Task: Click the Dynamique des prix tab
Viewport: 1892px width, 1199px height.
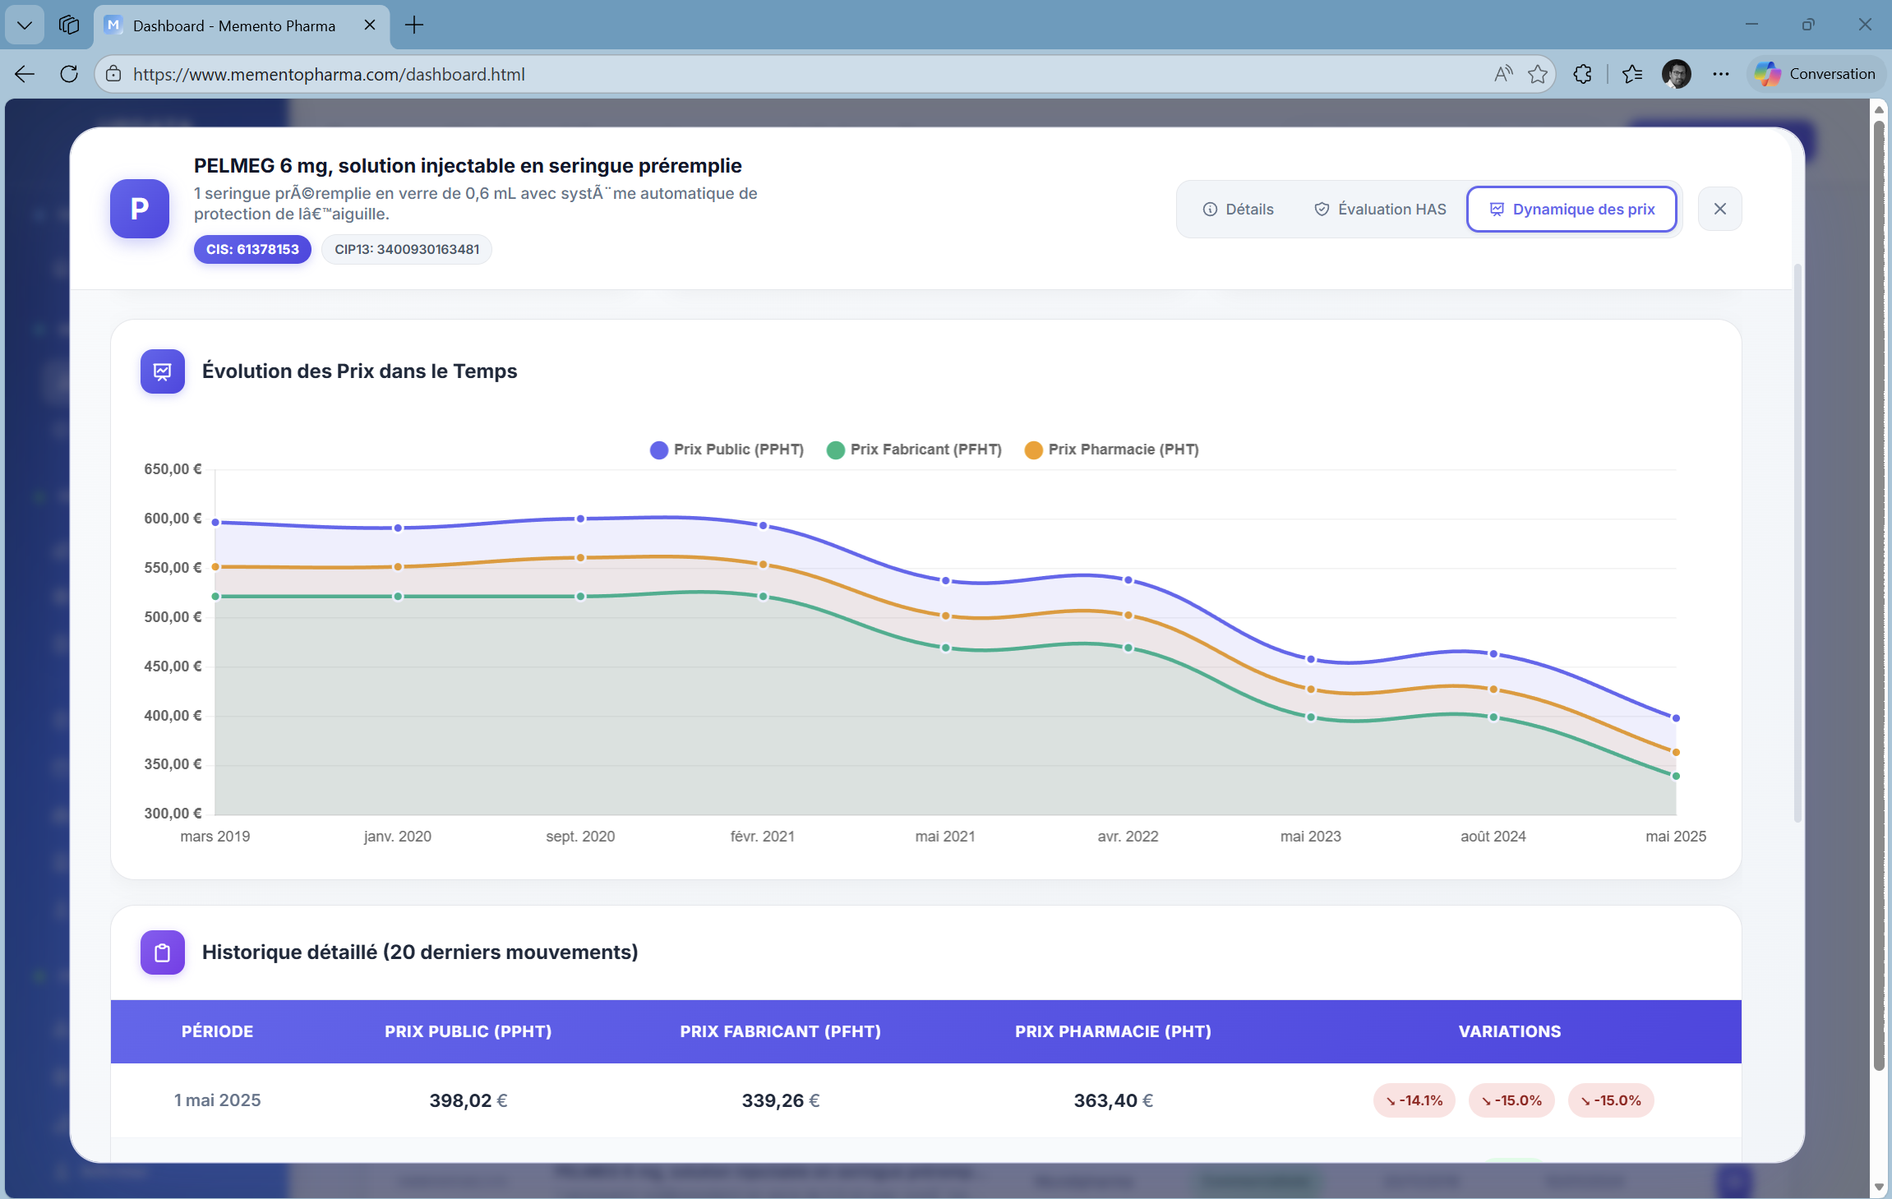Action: (x=1571, y=210)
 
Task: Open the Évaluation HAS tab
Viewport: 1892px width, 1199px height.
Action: (x=1380, y=210)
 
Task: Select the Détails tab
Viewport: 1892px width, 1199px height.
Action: (x=1238, y=210)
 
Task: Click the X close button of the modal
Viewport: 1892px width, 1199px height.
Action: (x=1719, y=210)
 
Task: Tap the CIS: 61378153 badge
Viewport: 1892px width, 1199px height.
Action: (x=252, y=250)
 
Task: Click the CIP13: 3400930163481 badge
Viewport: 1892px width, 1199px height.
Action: (x=407, y=250)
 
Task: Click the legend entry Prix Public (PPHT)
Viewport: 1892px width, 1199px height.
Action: (x=727, y=450)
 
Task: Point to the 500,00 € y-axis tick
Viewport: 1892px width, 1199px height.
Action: (x=173, y=617)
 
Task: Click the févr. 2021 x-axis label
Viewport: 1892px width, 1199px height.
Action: (x=762, y=837)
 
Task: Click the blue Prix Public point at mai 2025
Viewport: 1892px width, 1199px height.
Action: (x=1676, y=718)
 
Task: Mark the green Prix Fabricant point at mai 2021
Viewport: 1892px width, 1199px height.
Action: (x=945, y=648)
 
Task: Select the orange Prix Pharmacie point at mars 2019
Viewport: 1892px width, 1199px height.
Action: (x=215, y=567)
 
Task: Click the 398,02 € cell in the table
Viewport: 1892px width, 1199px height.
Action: (x=468, y=1101)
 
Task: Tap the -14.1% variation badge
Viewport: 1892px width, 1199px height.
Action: (x=1414, y=1101)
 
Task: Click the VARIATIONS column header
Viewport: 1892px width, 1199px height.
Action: (x=1509, y=1032)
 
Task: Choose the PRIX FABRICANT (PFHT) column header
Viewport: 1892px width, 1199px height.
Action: (x=780, y=1032)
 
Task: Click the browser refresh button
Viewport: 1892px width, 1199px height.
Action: (x=69, y=74)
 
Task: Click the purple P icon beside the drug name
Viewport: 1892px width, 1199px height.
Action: (x=140, y=209)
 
